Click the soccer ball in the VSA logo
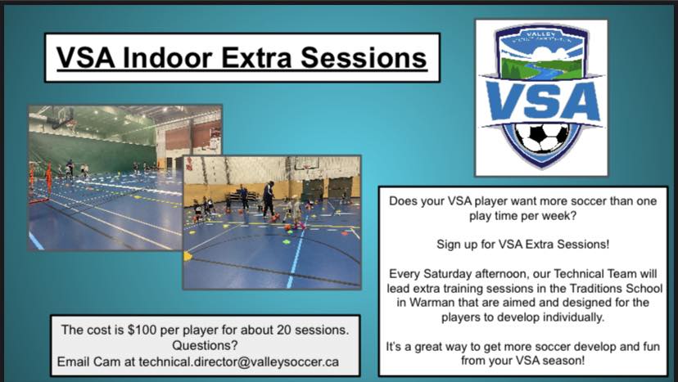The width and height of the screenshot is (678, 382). [x=542, y=138]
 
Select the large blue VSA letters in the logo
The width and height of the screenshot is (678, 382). [x=543, y=101]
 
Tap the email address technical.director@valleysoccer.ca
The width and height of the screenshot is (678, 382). [x=238, y=362]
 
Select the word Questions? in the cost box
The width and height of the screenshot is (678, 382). [x=205, y=346]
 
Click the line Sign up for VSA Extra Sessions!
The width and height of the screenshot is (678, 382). [x=522, y=244]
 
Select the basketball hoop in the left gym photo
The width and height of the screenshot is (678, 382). [x=62, y=119]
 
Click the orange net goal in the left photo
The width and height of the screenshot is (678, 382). [x=40, y=182]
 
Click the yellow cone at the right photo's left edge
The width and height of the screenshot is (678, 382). [x=188, y=256]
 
